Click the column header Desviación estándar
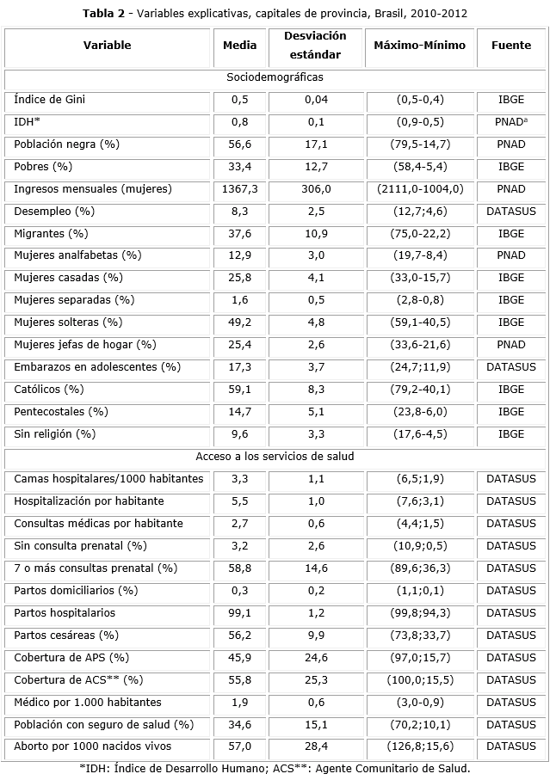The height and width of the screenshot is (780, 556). [316, 46]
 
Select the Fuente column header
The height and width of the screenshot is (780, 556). [510, 46]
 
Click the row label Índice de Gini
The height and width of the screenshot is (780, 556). [49, 100]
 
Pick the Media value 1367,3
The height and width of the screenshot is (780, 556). [239, 188]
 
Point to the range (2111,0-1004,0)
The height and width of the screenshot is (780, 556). [422, 188]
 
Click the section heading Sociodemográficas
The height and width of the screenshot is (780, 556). [275, 77]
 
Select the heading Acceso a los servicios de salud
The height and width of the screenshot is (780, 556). [275, 457]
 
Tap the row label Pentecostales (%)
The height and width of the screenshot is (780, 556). [61, 412]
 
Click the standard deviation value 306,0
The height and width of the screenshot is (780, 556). [316, 188]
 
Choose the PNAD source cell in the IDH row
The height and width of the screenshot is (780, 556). [511, 122]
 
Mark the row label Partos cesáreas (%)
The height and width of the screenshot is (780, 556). [66, 636]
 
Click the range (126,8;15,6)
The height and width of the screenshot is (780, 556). [422, 746]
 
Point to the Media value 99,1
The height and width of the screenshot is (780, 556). [239, 613]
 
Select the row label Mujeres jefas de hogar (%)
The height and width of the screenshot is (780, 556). [85, 345]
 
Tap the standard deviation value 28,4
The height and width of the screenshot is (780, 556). [316, 746]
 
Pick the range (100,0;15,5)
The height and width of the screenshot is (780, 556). [422, 679]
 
